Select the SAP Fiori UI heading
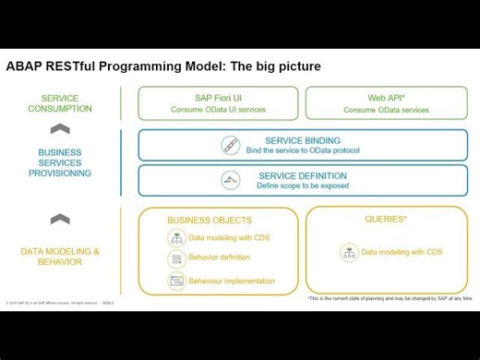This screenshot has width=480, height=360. point(218,97)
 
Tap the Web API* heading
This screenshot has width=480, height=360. point(386,97)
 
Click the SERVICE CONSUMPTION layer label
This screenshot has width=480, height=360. point(60,102)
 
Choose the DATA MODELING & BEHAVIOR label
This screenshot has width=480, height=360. point(60,256)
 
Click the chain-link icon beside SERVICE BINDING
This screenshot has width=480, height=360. point(230,145)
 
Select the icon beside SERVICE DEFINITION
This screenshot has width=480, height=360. point(230,180)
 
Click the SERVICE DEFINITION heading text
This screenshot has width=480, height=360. point(302,175)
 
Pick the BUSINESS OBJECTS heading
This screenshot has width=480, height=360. point(210,221)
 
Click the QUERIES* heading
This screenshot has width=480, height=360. point(385,220)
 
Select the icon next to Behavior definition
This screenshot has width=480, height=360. point(175,259)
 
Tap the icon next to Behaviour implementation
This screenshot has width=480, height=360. point(175,281)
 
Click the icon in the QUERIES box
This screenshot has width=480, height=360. point(348,252)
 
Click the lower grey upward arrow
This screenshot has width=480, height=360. point(60,218)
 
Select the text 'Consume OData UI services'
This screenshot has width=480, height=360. point(218,110)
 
